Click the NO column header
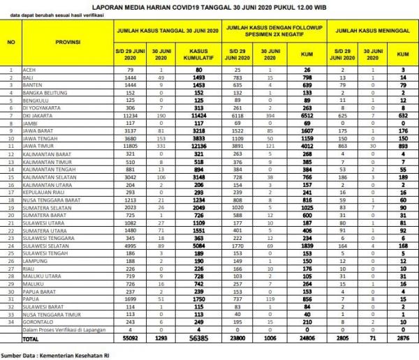(x=11, y=43)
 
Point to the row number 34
(x=11, y=322)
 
